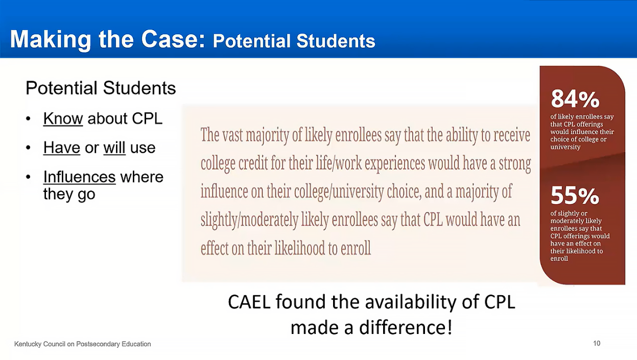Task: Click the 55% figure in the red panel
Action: pos(575,196)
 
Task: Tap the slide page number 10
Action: pos(597,344)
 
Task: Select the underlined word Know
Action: pos(63,118)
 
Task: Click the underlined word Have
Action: pos(61,148)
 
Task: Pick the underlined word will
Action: pos(114,148)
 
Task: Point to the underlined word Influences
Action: pos(79,177)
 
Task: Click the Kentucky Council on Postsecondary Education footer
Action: pos(82,344)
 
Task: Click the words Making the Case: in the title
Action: pos(107,40)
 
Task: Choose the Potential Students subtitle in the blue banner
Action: pos(294,41)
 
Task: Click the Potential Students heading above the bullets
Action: pos(101,88)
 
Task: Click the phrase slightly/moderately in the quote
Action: pos(249,220)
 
